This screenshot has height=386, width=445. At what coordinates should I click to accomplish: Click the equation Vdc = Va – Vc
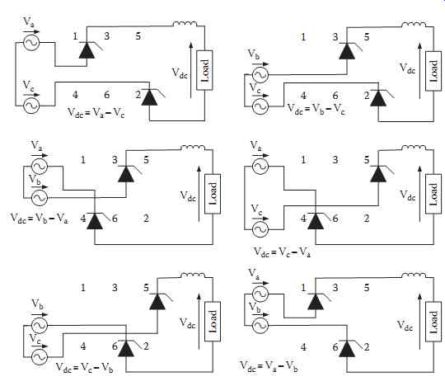pos(96,113)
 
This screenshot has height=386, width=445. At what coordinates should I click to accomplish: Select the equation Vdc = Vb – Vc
pos(316,110)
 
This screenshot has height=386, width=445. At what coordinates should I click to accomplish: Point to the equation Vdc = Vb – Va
pos(40,219)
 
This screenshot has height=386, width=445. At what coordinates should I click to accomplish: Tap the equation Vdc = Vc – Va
pos(282,252)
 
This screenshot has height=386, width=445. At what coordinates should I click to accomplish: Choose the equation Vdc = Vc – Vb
pos(85,368)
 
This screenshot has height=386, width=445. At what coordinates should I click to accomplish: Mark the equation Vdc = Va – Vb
pos(269,365)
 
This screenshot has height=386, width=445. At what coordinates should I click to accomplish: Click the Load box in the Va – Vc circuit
pos(204,70)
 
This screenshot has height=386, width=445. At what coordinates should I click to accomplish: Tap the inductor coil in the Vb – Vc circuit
pos(414,25)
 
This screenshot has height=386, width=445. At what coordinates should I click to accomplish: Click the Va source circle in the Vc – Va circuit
pos(260,167)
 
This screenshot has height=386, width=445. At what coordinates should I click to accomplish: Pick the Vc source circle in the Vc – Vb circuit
pos(40,357)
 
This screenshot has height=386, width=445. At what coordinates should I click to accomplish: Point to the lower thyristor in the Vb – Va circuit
pos(95,221)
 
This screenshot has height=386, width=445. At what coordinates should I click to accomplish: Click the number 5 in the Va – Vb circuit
pos(367,288)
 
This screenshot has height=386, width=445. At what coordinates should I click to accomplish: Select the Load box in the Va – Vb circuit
pos(433,322)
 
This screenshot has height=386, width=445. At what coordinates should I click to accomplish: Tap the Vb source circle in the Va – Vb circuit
pos(260,325)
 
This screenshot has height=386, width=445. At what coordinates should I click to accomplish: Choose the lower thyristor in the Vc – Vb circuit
pos(126,348)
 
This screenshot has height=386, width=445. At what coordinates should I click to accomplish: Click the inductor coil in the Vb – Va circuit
pos(193,148)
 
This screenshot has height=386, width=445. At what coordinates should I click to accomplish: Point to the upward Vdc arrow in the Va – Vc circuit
pos(191,70)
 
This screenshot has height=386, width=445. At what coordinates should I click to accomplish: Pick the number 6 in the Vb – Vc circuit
pos(335,96)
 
